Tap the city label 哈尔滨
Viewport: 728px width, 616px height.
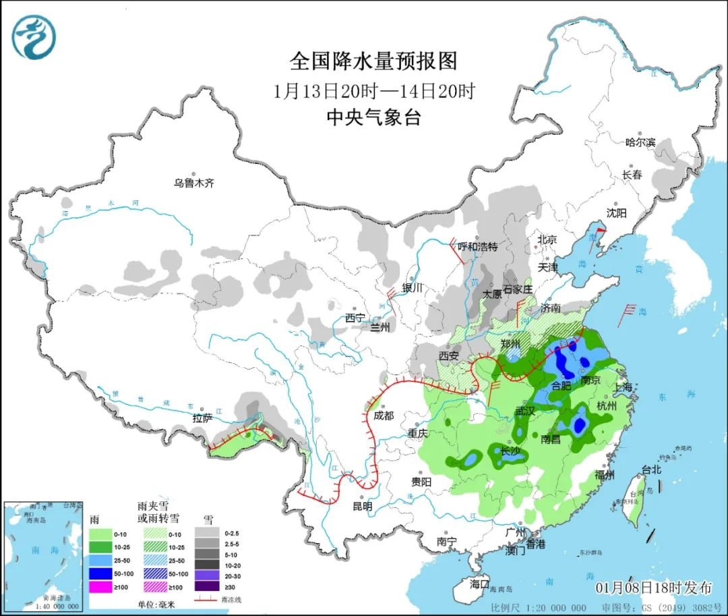point(640,142)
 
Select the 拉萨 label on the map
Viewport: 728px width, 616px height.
point(202,418)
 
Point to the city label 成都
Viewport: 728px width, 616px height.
point(383,416)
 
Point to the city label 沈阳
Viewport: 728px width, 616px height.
point(616,213)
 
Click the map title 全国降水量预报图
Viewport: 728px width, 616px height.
point(373,61)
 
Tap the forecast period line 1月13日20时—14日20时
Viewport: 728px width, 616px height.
point(374,90)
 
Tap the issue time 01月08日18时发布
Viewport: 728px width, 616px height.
point(653,587)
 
